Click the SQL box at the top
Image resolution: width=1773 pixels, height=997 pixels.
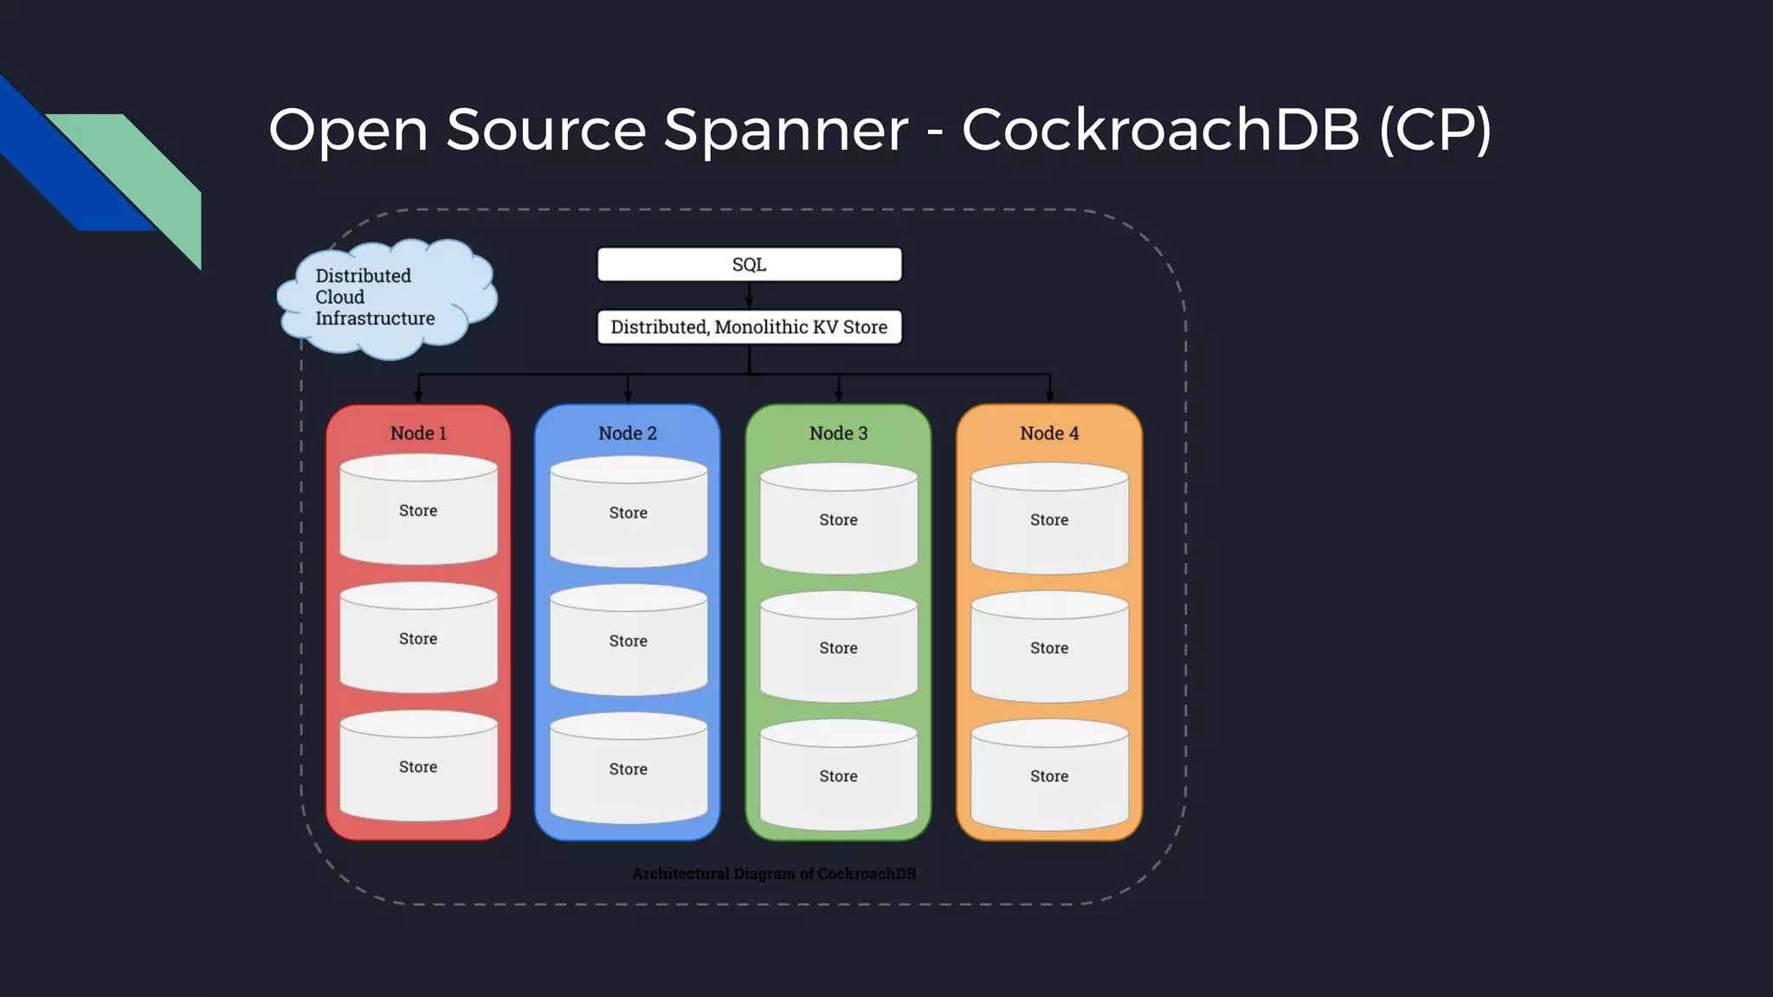[x=749, y=265]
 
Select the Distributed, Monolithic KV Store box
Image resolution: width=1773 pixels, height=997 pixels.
[x=749, y=327]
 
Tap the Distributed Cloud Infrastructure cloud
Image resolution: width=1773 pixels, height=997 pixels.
[x=385, y=298]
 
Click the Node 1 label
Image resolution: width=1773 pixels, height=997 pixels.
[x=418, y=434]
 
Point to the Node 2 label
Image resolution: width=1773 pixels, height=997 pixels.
[x=628, y=434]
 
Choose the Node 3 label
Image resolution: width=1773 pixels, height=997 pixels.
[x=838, y=434]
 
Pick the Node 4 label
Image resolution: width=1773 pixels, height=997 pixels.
[x=1049, y=434]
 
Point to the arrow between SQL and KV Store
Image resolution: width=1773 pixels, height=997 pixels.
[x=749, y=295]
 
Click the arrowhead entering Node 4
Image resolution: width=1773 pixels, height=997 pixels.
[x=1049, y=396]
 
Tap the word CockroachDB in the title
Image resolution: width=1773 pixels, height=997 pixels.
[x=1160, y=130]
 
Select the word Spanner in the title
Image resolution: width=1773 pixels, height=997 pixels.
[x=785, y=130]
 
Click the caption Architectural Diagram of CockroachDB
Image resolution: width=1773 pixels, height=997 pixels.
[x=774, y=874]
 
